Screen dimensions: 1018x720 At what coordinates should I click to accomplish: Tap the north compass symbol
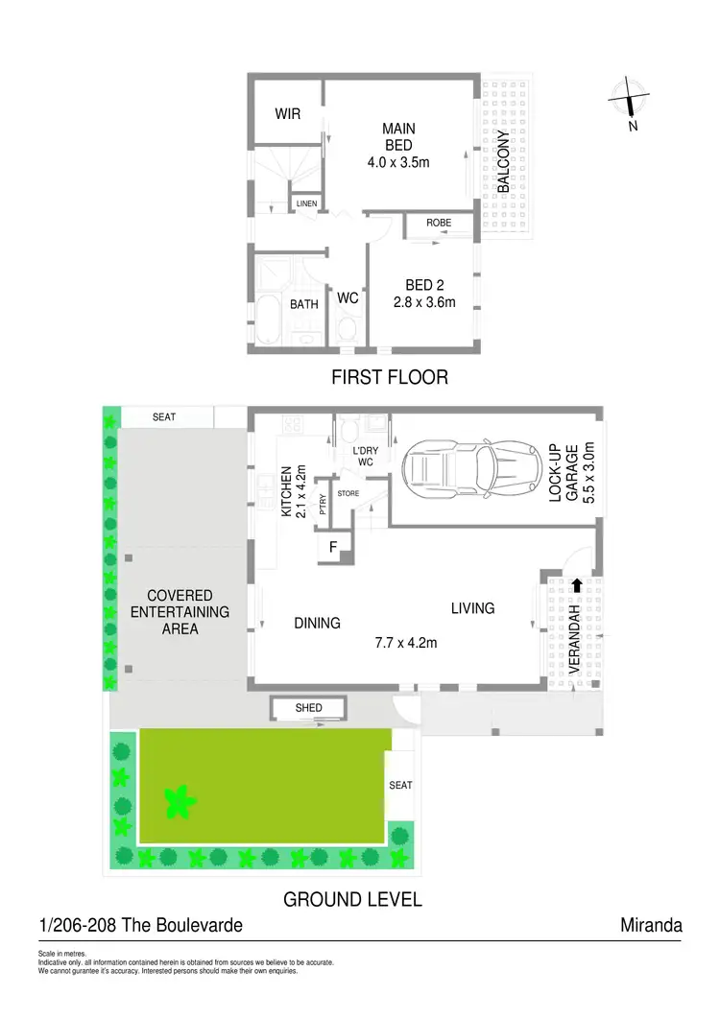(630, 101)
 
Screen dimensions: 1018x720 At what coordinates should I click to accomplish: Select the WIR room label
(287, 114)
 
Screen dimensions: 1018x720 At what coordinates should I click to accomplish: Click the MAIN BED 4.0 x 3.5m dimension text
(397, 162)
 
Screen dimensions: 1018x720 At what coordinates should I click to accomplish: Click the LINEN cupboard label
(306, 204)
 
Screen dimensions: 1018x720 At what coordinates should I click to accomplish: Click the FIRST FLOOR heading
(390, 377)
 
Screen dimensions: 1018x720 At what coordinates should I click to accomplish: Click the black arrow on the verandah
(576, 584)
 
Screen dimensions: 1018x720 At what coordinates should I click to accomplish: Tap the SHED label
(308, 709)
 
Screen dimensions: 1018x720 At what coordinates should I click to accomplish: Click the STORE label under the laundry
(348, 493)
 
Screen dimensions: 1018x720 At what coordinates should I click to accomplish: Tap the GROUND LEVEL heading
(352, 900)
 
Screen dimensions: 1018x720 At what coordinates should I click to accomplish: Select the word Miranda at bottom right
(652, 926)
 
